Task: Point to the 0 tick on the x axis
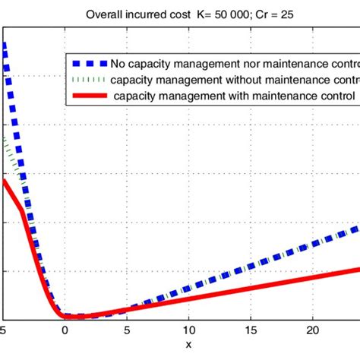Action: point(65,331)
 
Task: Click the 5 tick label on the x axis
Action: point(127,331)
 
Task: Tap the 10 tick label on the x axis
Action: point(188,331)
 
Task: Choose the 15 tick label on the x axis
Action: point(250,331)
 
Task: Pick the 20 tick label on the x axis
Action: point(312,331)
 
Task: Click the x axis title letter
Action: point(188,346)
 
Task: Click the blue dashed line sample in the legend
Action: point(88,62)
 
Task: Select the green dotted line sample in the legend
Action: point(88,79)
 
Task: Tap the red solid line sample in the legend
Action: point(88,96)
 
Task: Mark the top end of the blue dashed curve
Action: point(4,44)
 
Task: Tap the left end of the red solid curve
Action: point(4,181)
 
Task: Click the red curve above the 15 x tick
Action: point(250,286)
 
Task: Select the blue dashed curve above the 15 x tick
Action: point(250,266)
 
